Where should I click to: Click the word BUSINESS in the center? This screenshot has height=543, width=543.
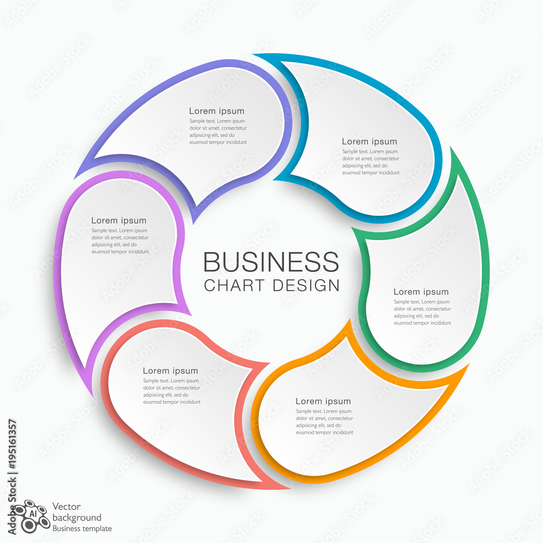click(271, 262)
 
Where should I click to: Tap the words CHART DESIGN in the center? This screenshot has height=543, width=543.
click(271, 286)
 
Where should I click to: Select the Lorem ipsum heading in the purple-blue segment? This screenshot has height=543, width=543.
click(217, 111)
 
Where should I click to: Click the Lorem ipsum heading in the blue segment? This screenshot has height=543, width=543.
click(369, 142)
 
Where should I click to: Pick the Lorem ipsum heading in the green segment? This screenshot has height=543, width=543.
click(421, 292)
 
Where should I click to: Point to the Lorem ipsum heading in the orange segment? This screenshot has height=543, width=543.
click(323, 401)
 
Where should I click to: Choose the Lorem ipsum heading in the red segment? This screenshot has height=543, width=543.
click(171, 371)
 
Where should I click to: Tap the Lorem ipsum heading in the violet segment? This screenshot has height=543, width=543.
click(119, 220)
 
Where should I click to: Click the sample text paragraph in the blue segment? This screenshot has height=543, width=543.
click(371, 162)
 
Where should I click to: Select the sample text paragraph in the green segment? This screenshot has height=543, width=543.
click(422, 312)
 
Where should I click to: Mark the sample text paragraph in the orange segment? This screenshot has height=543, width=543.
click(325, 422)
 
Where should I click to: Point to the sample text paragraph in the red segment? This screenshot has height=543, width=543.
click(172, 392)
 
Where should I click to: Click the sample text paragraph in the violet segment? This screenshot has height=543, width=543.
click(120, 241)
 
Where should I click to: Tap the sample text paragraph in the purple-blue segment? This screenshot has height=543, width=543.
click(218, 131)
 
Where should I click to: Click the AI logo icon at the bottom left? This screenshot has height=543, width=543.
click(31, 516)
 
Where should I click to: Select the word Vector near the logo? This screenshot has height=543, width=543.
click(66, 507)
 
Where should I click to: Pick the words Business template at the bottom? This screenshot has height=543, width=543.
click(82, 528)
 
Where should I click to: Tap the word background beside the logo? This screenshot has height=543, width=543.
click(77, 517)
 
